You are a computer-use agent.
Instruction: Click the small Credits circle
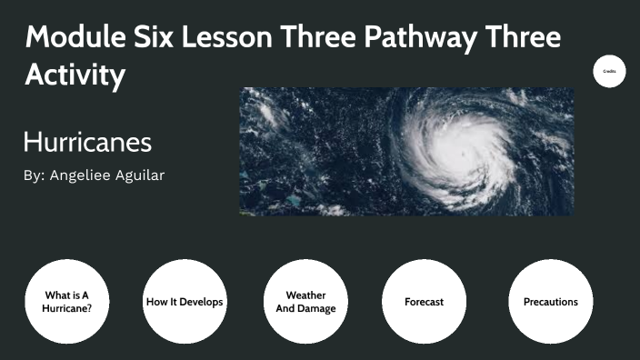tap(609, 70)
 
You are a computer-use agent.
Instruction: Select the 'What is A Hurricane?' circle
tap(66, 301)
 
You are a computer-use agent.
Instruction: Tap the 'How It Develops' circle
tap(185, 301)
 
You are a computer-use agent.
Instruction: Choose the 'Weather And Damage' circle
tap(305, 301)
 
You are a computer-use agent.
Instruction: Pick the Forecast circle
tap(424, 301)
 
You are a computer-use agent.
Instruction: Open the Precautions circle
tap(550, 301)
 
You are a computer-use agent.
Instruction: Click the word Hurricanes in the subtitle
tap(87, 143)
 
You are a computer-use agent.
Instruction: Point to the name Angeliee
tap(80, 175)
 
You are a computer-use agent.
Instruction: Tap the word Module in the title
tap(77, 38)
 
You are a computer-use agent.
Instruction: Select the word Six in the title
tap(164, 38)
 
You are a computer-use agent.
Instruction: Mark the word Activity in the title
tap(75, 76)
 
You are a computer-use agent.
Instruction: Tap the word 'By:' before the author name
tap(34, 175)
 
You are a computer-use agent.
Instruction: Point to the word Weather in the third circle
tap(305, 295)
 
